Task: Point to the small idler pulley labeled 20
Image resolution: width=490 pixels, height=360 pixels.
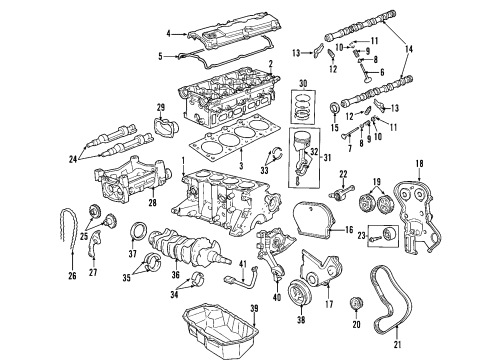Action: (354, 304)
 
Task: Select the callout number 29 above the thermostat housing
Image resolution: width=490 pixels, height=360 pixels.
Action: (159, 107)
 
